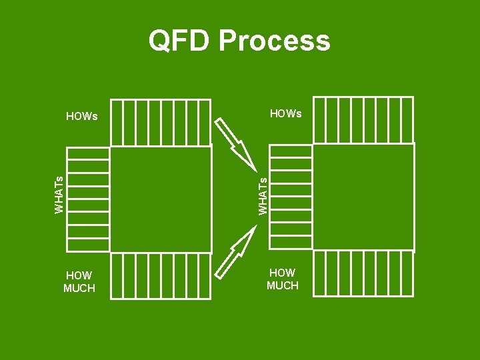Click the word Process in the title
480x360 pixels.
274,41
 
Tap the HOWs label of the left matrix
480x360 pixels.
82,116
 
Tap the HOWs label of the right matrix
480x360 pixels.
285,114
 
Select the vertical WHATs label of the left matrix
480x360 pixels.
59,194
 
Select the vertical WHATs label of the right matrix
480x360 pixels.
263,194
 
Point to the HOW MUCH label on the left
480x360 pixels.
79,282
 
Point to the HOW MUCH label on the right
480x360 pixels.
283,279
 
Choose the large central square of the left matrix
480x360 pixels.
161,199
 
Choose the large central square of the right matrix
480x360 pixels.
363,197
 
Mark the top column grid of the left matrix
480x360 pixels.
161,122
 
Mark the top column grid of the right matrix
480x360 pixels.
363,120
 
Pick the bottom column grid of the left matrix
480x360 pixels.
161,276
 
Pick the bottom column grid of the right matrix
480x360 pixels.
363,273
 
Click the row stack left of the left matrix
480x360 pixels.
88,199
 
